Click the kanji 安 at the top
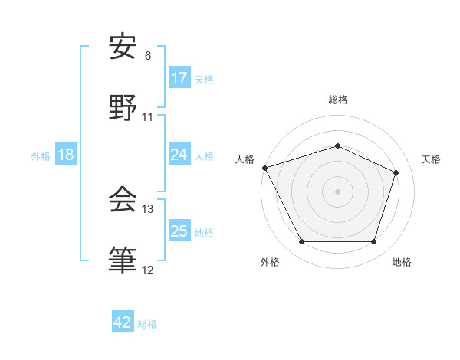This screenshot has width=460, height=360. (123, 47)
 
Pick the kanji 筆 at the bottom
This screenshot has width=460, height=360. (123, 260)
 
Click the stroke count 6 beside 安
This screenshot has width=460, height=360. (148, 55)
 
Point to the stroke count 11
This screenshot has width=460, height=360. (148, 117)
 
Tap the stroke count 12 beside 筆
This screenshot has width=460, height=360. (148, 270)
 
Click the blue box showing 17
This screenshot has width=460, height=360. (179, 78)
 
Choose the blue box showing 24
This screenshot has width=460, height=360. (179, 155)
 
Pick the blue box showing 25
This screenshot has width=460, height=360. (179, 231)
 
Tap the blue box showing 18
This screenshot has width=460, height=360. (66, 155)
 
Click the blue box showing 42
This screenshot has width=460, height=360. (123, 322)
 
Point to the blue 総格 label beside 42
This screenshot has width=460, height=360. (147, 324)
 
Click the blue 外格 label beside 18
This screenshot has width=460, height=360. (41, 156)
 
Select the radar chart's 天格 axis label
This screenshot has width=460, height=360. (431, 159)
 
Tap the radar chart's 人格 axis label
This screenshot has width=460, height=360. (245, 159)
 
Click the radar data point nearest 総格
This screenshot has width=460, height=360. (337, 146)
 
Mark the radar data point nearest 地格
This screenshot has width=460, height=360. (373, 242)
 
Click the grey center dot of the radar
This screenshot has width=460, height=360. (337, 191)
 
